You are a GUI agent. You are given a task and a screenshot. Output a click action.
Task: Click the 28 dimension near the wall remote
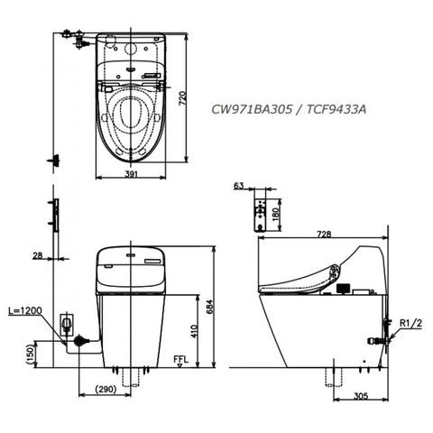click(x=37, y=256)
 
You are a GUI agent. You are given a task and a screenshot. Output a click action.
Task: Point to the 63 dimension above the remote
click(x=238, y=186)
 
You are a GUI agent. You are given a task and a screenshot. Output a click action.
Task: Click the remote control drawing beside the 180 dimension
click(x=263, y=213)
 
